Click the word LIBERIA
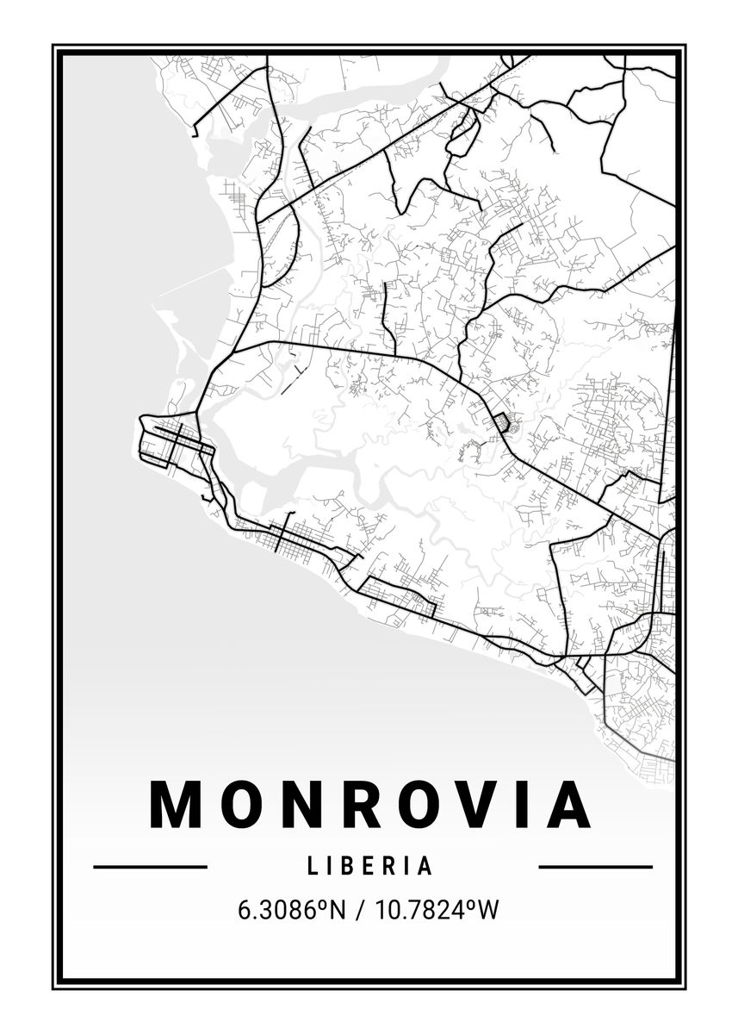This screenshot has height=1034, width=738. click(369, 866)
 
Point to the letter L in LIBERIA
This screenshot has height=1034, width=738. click(311, 866)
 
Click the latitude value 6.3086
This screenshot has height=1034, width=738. click(284, 909)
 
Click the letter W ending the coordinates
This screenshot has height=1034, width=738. click(488, 909)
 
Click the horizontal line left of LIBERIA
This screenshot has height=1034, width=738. click(150, 866)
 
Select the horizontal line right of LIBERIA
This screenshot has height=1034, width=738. click(595, 866)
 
